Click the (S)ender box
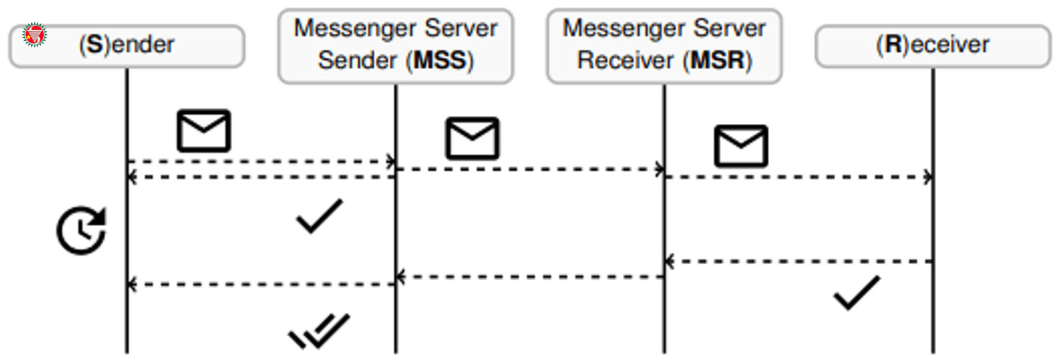tap(127, 46)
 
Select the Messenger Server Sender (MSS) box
tap(395, 46)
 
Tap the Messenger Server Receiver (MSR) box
tap(664, 46)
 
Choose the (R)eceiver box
tap(933, 46)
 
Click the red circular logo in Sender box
tap(35, 35)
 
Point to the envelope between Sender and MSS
tap(204, 131)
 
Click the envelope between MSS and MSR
tap(472, 138)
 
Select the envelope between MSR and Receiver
tap(741, 146)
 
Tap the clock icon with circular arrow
tap(81, 230)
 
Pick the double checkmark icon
tap(319, 331)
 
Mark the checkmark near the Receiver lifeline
tap(856, 293)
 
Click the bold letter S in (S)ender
tap(94, 45)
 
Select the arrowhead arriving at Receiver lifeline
tap(928, 177)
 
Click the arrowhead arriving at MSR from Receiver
tap(670, 261)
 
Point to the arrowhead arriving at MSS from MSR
tap(401, 276)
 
